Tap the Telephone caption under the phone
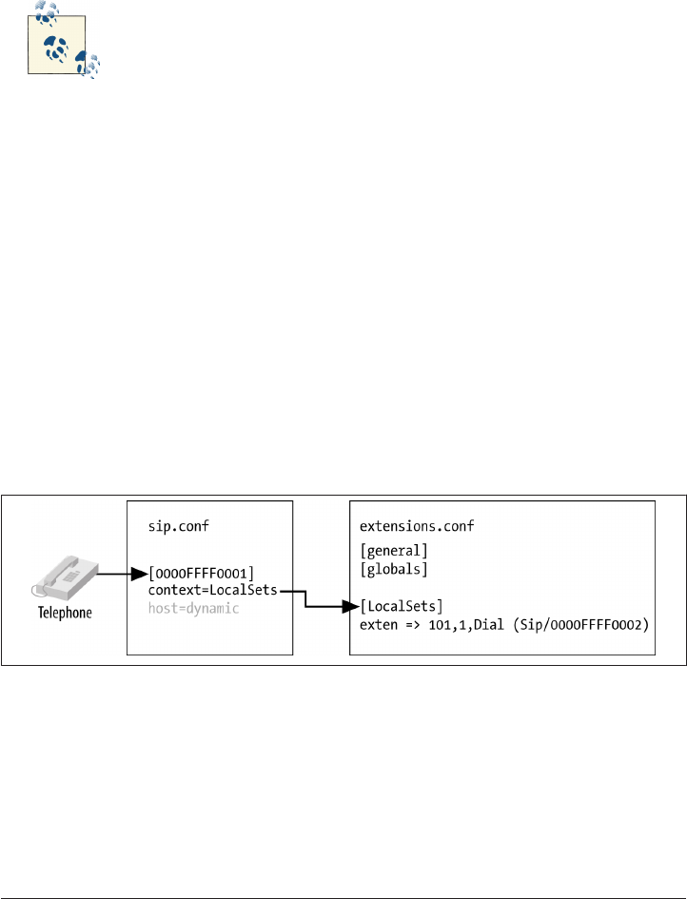pyautogui.click(x=65, y=613)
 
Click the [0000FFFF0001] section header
pyautogui.click(x=201, y=573)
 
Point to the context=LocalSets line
pyautogui.click(x=211, y=591)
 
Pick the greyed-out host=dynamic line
pyautogui.click(x=194, y=608)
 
